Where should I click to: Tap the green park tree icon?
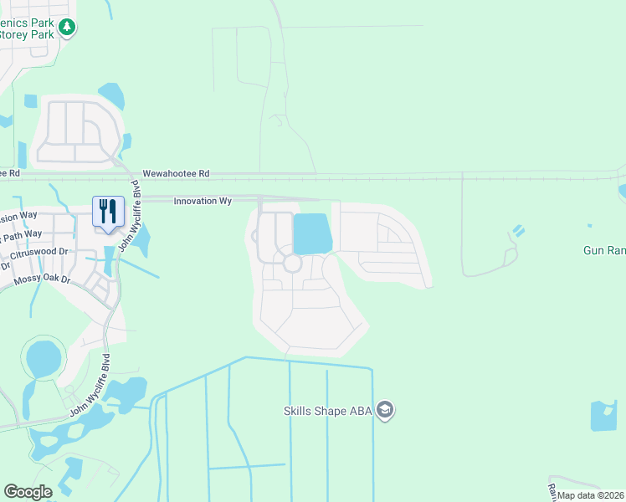[67, 28]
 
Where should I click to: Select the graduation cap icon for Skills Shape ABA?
[385, 410]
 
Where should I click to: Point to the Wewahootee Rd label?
[175, 174]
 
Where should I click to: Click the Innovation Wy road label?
[203, 201]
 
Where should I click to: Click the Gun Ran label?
[603, 250]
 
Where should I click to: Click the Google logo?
[28, 492]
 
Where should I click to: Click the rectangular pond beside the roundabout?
[312, 233]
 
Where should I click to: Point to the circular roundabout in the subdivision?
[292, 264]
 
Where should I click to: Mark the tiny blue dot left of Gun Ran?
[589, 225]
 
